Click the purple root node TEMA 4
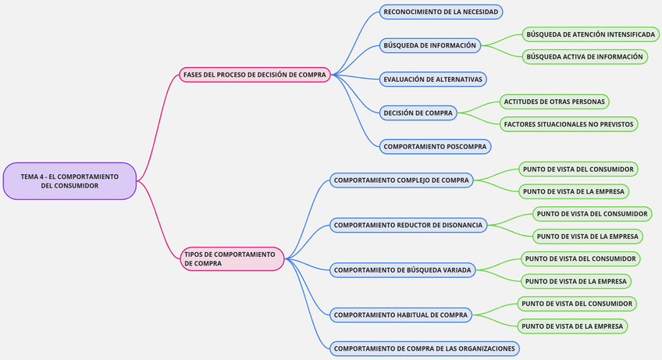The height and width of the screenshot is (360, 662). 69,181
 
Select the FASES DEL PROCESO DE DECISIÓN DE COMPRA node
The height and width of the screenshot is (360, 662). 254,75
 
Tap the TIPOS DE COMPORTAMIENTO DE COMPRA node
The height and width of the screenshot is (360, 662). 232,258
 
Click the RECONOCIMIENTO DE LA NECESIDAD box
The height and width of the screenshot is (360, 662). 440,12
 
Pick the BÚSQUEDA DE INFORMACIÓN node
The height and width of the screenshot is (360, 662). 429,45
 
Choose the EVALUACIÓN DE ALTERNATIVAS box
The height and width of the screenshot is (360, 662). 432,79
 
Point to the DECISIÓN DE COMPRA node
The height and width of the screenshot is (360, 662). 418,113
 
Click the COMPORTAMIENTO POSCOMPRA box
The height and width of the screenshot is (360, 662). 435,146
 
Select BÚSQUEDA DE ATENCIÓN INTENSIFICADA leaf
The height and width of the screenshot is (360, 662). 590,34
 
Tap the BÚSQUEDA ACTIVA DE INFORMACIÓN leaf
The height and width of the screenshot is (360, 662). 585,56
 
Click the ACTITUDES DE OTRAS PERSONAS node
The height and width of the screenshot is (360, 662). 554,102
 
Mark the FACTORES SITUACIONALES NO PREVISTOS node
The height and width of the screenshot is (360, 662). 569,124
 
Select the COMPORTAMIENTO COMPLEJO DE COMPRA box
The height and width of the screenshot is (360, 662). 401,180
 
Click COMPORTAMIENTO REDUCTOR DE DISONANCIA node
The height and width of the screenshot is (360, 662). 409,225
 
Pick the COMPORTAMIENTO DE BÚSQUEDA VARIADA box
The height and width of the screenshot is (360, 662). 402,270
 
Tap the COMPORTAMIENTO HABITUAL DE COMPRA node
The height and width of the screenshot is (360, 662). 400,315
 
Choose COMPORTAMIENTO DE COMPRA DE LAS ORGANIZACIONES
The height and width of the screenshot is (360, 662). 424,348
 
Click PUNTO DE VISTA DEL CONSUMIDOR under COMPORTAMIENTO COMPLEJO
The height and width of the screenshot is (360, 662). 578,169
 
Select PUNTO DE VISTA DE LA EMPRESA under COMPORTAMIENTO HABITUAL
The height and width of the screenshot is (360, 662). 572,326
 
